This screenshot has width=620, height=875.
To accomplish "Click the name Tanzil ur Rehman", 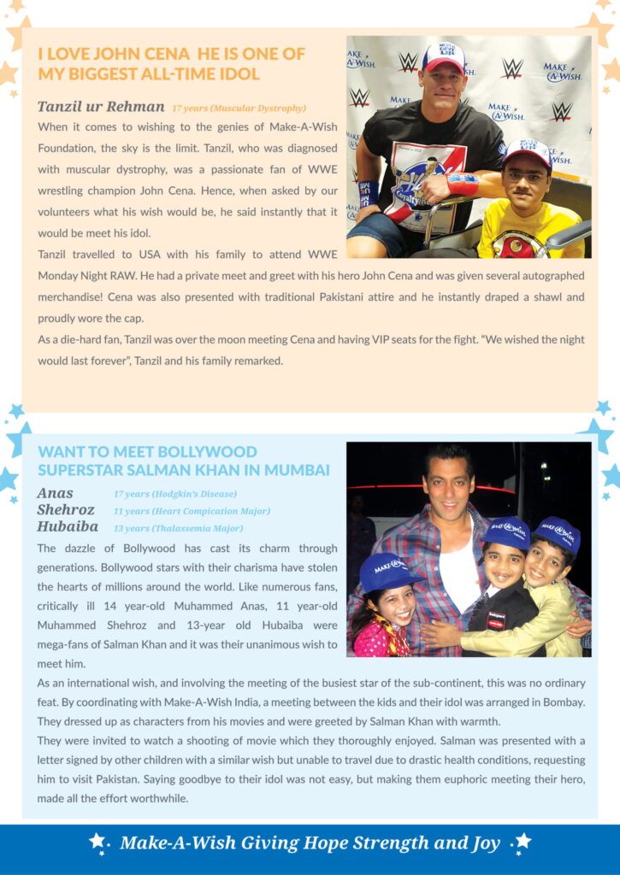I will pos(101,107).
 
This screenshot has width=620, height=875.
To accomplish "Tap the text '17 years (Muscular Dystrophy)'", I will pos(239,109).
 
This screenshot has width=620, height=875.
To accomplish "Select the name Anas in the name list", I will pos(56,493).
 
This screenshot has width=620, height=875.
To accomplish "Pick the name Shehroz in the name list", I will pos(66,510).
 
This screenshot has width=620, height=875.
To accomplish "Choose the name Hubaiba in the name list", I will pos(68,526).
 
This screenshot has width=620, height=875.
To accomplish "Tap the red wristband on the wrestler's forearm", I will pos(463,184).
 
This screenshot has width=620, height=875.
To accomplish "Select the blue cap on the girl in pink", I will pos(390,571).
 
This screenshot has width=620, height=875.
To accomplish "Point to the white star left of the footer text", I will pos(97,842).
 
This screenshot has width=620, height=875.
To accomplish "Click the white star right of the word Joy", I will pos(523,842).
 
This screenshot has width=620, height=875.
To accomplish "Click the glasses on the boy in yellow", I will pos(525,178).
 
